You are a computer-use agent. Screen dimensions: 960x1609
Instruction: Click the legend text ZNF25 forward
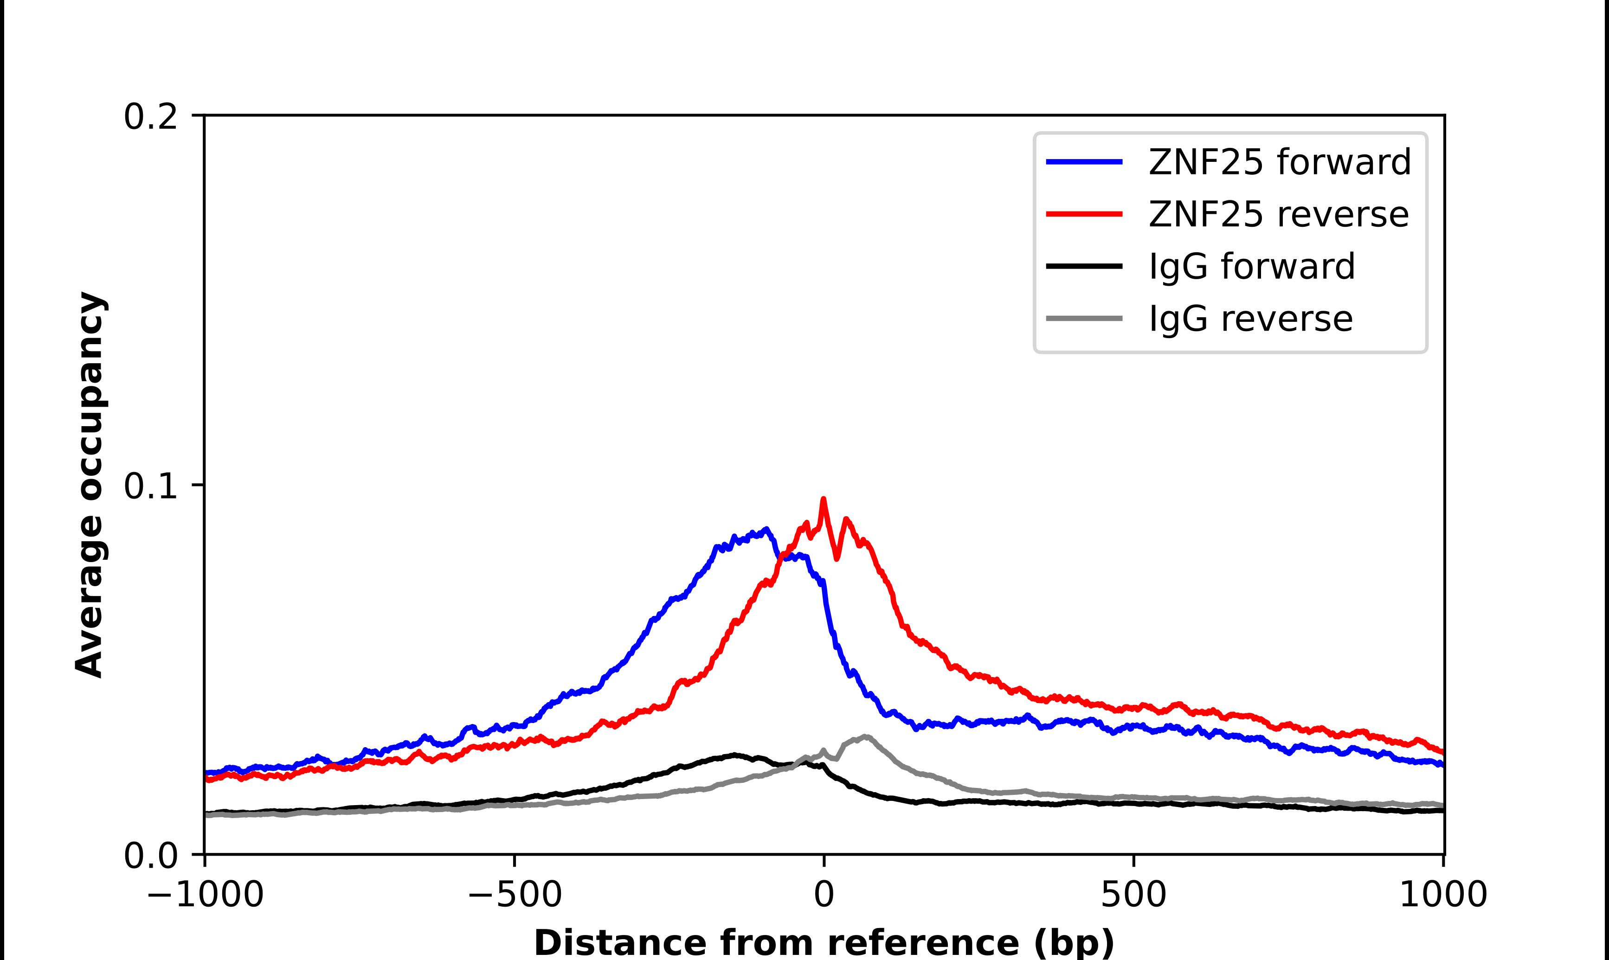click(x=1279, y=162)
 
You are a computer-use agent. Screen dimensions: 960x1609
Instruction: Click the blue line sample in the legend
click(x=1084, y=162)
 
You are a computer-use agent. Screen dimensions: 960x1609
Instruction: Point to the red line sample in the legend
click(x=1084, y=214)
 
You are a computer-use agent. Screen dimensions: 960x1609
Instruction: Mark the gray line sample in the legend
click(x=1084, y=318)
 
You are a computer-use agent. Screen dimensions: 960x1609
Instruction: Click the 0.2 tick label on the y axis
click(x=150, y=117)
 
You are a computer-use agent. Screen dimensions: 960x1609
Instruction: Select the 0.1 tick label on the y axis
click(x=150, y=486)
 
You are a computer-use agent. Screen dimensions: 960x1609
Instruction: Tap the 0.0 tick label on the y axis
click(x=150, y=856)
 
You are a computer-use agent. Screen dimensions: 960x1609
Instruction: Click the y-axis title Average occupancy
click(x=90, y=485)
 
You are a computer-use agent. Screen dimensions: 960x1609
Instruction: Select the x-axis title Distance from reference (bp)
click(x=824, y=942)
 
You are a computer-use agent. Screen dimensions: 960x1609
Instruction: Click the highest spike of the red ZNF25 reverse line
click(x=823, y=499)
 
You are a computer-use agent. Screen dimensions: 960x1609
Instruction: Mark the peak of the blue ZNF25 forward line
click(x=766, y=530)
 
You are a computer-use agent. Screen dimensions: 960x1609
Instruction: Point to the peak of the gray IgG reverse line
click(x=865, y=737)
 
